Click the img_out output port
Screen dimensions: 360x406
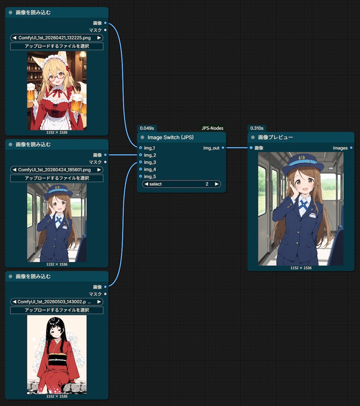pyautogui.click(x=223, y=148)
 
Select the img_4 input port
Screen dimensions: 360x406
pyautogui.click(x=141, y=169)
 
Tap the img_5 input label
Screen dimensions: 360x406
pyautogui.click(x=150, y=176)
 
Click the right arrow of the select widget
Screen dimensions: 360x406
pyautogui.click(x=217, y=184)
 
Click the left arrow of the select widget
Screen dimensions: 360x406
pyautogui.click(x=146, y=184)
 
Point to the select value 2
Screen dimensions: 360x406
pyautogui.click(x=207, y=184)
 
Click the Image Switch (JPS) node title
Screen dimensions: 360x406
pyautogui.click(x=171, y=137)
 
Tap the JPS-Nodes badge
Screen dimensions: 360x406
pyautogui.click(x=212, y=128)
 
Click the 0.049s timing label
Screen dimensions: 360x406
pyautogui.click(x=147, y=128)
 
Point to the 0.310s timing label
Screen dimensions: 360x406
pyautogui.click(x=257, y=128)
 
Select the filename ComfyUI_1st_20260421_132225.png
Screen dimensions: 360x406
pyautogui.click(x=54, y=38)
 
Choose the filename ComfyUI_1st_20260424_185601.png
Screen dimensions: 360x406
pyautogui.click(x=54, y=170)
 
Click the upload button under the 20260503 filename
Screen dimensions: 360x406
pyautogui.click(x=57, y=310)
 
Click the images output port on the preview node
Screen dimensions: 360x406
pyautogui.click(x=351, y=148)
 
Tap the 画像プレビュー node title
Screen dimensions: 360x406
pyautogui.click(x=275, y=137)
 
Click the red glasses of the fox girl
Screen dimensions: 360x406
pyautogui.click(x=57, y=77)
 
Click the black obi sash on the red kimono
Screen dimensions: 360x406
pyautogui.click(x=57, y=360)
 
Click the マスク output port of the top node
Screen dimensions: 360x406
pyautogui.click(x=105, y=30)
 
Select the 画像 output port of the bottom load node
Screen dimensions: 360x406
pyautogui.click(x=105, y=287)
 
